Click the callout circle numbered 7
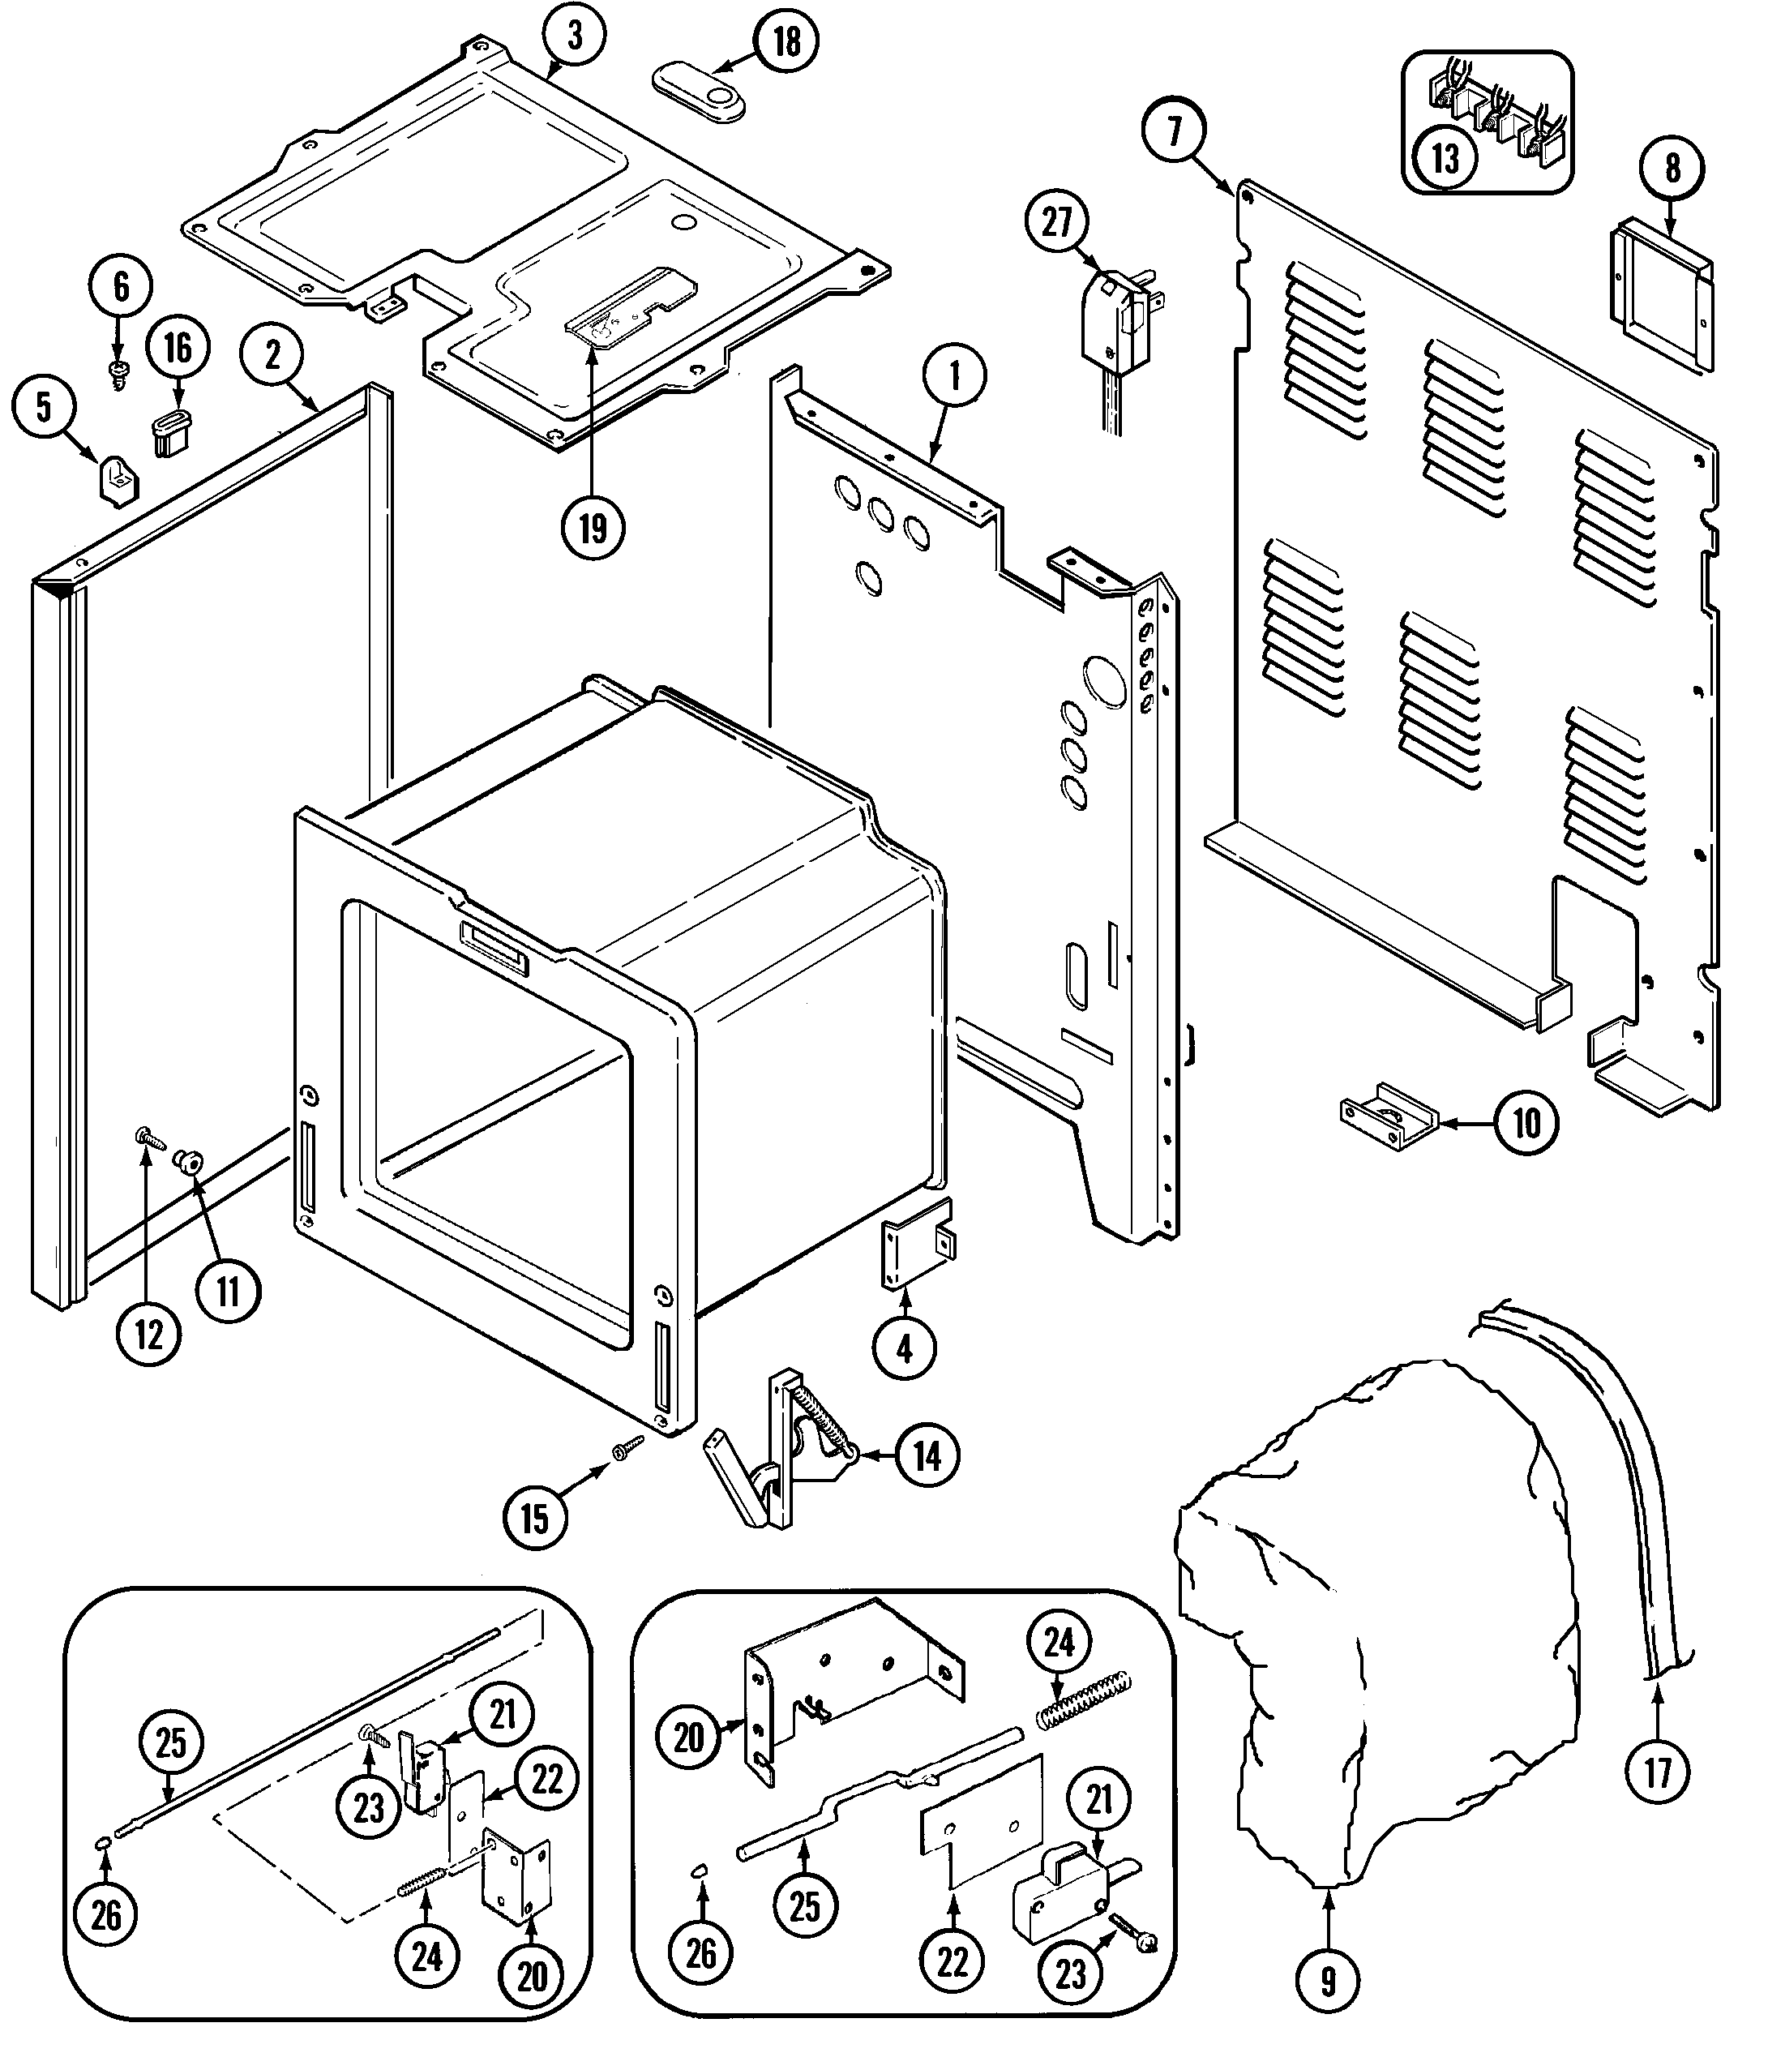click(x=1173, y=131)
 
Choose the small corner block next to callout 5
click(x=119, y=482)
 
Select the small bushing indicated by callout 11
click(x=186, y=1161)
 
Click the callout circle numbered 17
click(x=1657, y=1772)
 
